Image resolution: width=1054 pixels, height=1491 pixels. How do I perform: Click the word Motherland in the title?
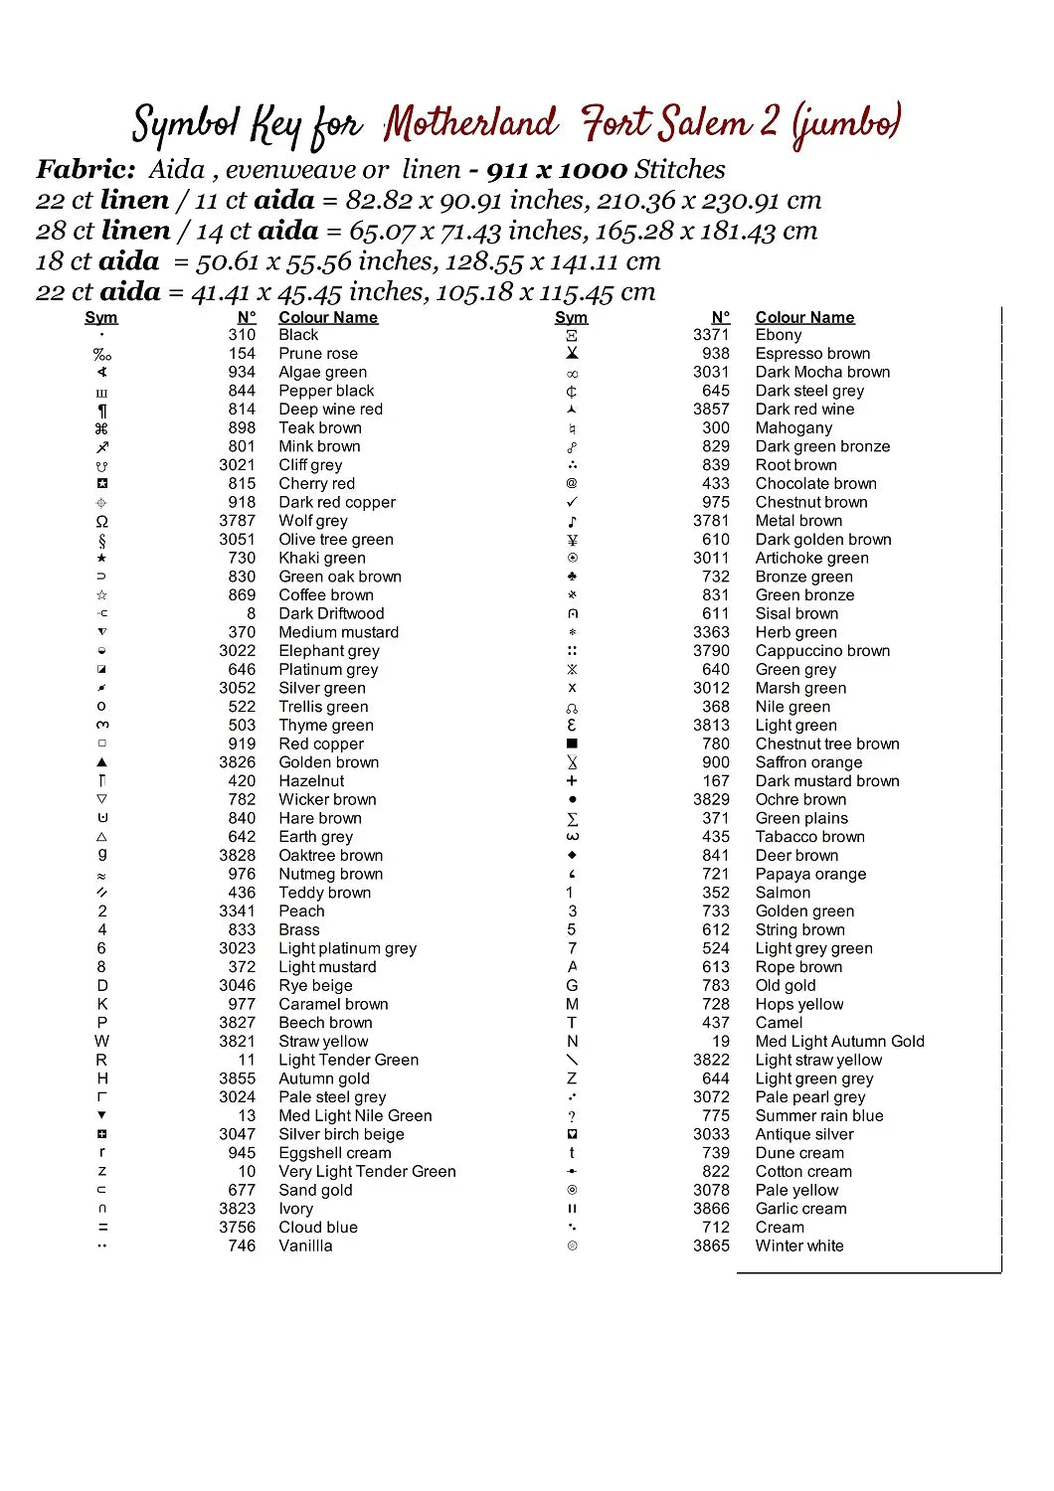click(470, 124)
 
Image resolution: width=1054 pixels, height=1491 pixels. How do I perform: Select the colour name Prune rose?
click(318, 354)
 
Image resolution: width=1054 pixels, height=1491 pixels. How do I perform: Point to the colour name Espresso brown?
click(812, 354)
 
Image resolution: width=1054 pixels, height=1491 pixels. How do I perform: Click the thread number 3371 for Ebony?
click(711, 335)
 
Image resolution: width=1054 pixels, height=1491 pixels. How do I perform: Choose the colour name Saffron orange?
click(808, 762)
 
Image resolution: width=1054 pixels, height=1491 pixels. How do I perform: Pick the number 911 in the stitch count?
click(507, 170)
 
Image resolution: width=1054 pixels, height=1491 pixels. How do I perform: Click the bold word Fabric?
click(86, 170)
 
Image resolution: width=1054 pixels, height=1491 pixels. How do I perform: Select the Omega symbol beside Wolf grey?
click(101, 521)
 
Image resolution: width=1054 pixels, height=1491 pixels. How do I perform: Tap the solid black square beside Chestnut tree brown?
click(572, 744)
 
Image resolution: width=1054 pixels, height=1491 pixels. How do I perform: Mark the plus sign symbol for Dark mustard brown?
click(572, 781)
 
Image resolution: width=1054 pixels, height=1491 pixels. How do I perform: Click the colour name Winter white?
click(799, 1246)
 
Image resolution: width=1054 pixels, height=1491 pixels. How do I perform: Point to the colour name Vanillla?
click(305, 1246)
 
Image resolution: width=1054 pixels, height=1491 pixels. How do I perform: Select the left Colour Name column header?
click(328, 317)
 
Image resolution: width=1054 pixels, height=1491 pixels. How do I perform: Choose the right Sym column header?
click(571, 317)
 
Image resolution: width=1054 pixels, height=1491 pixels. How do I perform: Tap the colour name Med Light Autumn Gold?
click(839, 1042)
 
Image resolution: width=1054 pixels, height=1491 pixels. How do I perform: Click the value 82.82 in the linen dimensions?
click(379, 201)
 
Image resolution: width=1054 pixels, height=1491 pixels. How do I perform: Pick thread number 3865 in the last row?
click(711, 1246)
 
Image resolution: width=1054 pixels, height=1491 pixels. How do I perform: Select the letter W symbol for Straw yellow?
click(101, 1042)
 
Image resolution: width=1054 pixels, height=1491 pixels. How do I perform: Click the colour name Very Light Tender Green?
click(367, 1172)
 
